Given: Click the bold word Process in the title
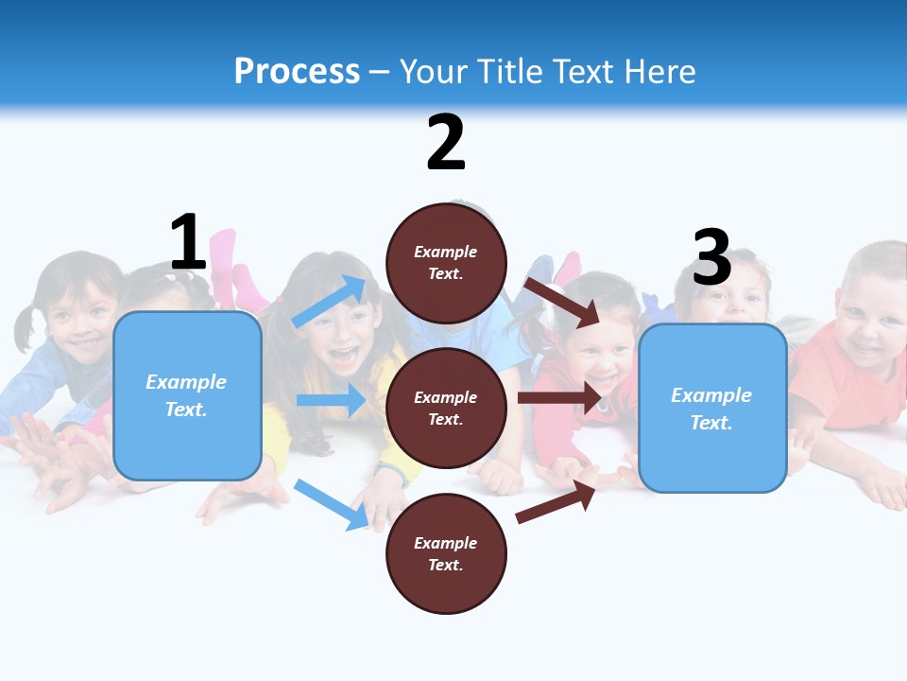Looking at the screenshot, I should point(297,72).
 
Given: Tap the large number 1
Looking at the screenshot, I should point(188,242).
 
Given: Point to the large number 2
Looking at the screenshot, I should point(446,143).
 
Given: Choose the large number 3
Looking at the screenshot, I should point(711,256).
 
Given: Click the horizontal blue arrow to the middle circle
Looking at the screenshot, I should point(331,400).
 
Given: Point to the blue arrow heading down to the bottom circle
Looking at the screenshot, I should point(331,504).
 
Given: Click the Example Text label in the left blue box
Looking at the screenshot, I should point(186,395).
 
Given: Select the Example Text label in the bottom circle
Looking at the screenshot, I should point(445,554).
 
